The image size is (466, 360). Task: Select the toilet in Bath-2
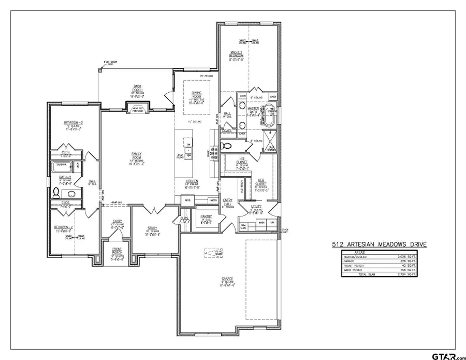[56, 193]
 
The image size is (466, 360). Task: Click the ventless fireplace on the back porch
[138, 106]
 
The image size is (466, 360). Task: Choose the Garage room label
[228, 279]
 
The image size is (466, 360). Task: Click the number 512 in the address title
[338, 245]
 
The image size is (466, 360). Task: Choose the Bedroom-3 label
[74, 123]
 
